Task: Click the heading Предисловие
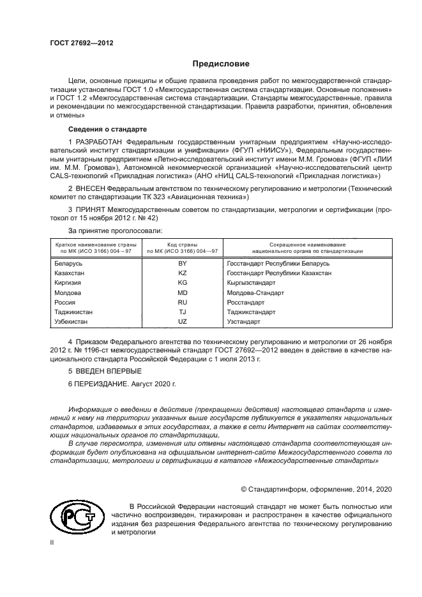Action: pyautogui.click(x=221, y=64)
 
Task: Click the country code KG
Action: pyautogui.click(x=182, y=283)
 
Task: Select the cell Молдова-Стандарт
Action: pyautogui.click(x=255, y=292)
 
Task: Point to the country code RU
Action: pyautogui.click(x=182, y=303)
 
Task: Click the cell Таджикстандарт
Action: pyautogui.click(x=251, y=312)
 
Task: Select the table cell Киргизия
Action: pyautogui.click(x=70, y=283)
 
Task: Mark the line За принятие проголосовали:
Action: pyautogui.click(x=114, y=229)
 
